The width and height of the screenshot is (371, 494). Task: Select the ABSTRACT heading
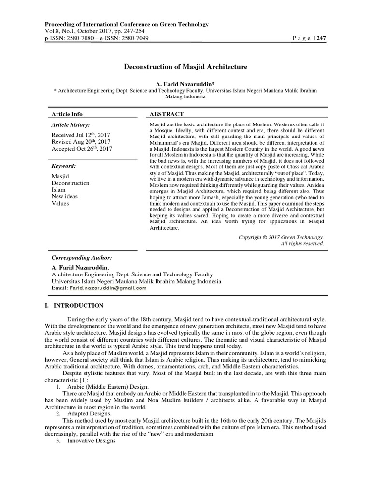coord(167,114)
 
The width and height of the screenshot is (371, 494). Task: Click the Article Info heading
coord(67,114)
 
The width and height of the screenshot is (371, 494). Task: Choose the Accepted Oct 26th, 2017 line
coord(81,149)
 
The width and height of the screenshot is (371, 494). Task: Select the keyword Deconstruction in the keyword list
coord(71,183)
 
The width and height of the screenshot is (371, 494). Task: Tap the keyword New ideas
coord(65,196)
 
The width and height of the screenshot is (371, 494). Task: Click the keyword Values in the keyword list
coord(60,203)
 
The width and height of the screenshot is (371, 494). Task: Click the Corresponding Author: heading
coord(82,258)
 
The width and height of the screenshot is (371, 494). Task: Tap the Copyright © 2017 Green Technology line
coord(281,237)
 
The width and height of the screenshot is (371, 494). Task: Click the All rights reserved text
coord(302,244)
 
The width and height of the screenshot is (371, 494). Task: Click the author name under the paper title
coord(185,84)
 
